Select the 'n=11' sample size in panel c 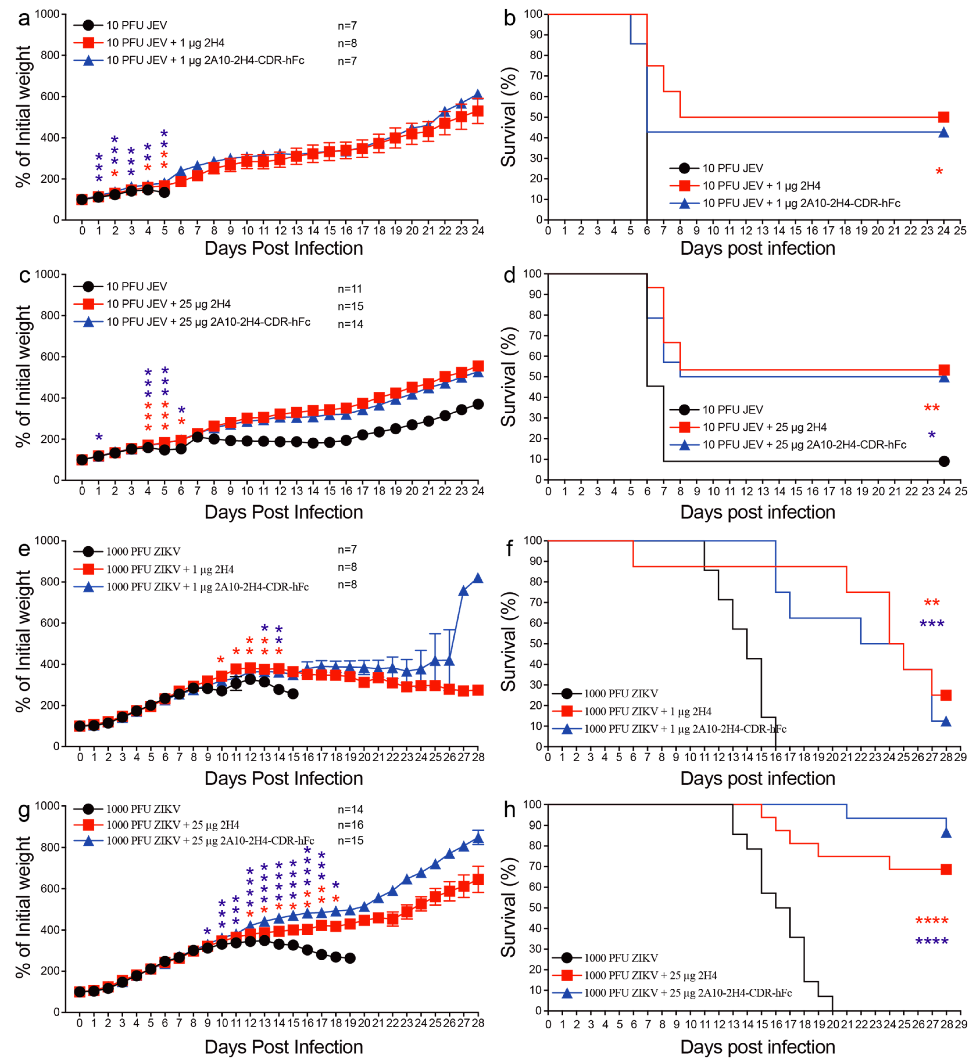[x=350, y=289]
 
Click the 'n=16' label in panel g [x=350, y=825]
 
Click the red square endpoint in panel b [x=943, y=117]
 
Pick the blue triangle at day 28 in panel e [x=478, y=578]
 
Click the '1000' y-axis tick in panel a [x=48, y=14]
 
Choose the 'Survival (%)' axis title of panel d [x=508, y=376]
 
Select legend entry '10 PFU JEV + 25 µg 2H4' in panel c [x=168, y=304]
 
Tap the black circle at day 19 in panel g [x=350, y=958]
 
